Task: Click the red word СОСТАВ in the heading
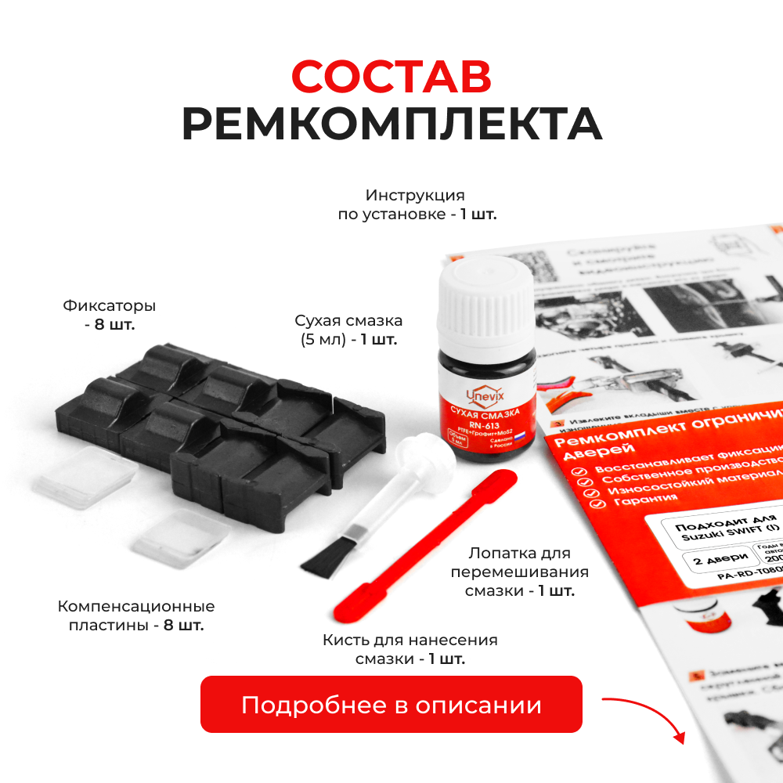click(x=391, y=77)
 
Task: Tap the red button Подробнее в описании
click(x=391, y=704)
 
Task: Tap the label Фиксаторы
click(x=109, y=305)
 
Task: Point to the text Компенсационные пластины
click(x=136, y=616)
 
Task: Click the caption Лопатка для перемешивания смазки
click(x=519, y=572)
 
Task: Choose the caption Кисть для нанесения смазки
click(x=410, y=649)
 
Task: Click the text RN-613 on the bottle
click(x=482, y=425)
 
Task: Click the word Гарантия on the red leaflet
click(x=615, y=498)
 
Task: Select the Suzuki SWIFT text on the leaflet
click(x=709, y=529)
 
